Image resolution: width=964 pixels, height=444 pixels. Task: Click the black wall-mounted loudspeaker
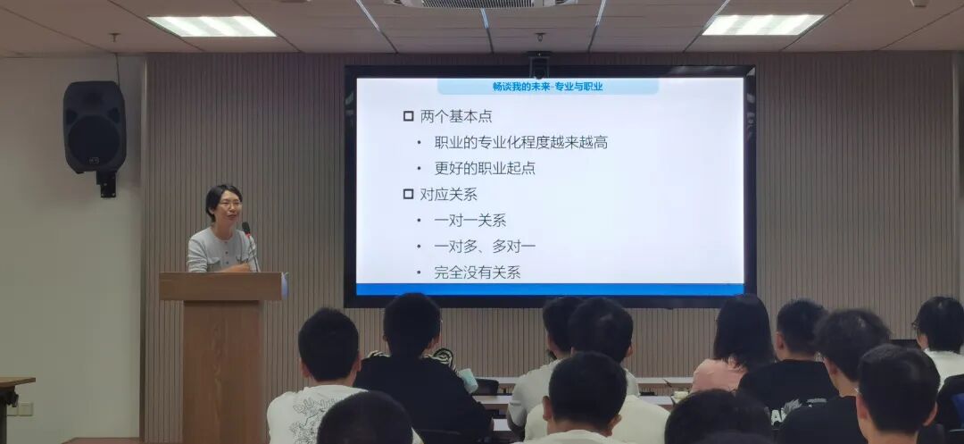pos(95,127)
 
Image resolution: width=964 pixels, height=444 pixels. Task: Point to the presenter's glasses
pos(229,204)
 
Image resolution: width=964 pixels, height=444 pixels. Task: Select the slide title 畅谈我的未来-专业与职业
pos(547,87)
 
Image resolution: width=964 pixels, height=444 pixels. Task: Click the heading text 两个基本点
pos(456,116)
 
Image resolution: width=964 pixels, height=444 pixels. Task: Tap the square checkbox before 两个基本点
pos(409,116)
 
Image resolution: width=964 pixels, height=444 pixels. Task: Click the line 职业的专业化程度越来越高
pos(520,142)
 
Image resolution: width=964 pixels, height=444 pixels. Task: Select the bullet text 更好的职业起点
pos(485,168)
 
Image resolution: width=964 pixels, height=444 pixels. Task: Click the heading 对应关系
pos(448,194)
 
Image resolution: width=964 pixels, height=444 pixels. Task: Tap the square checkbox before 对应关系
pos(409,194)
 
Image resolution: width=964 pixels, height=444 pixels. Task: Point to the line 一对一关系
pos(470,220)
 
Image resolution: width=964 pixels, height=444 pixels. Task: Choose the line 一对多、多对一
pos(485,246)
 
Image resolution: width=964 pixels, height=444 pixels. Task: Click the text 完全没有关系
pos(477,272)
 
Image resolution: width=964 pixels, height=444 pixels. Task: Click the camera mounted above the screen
pos(538,65)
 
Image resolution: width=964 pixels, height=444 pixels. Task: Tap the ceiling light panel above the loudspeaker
pos(212,26)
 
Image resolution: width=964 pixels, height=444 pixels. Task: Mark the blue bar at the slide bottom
pos(550,289)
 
